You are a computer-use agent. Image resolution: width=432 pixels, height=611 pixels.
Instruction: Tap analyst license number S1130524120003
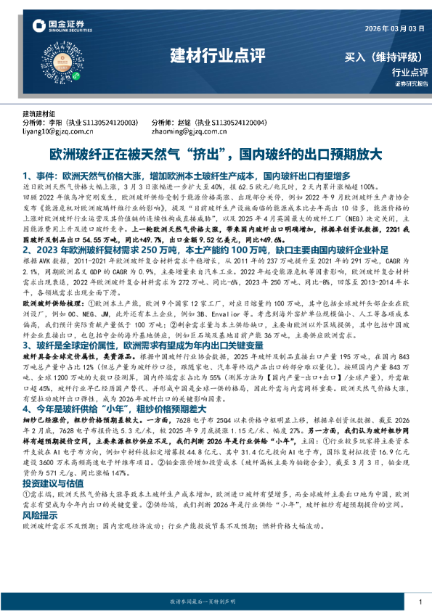(112, 123)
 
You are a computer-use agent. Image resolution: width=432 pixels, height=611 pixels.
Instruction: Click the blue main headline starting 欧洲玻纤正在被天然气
(215, 155)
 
